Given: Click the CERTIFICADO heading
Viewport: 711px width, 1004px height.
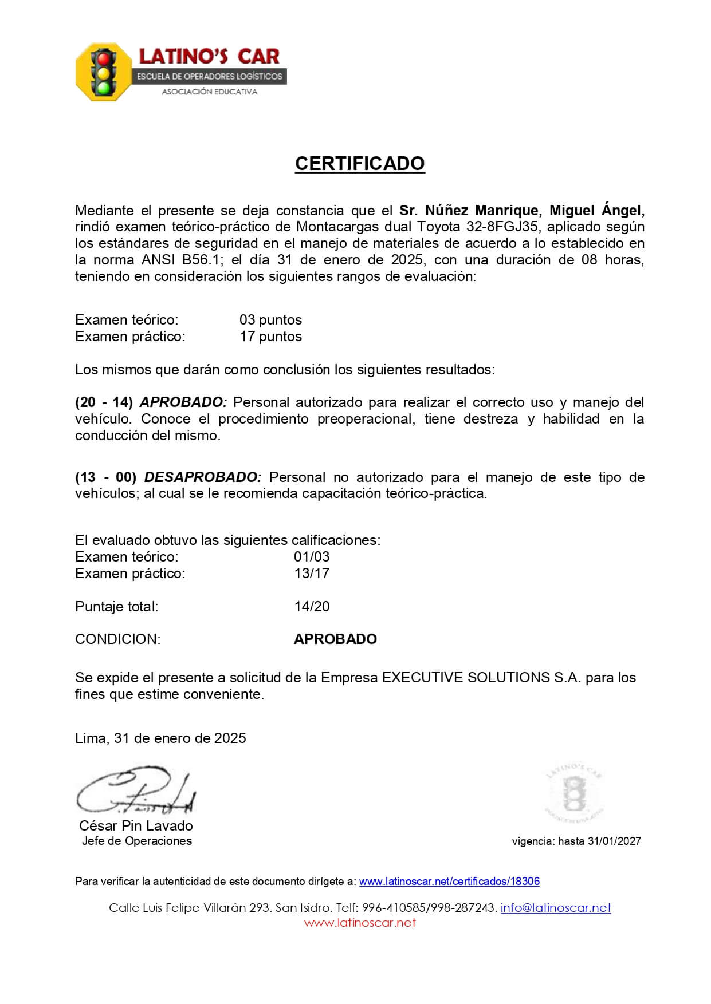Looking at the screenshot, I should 360,164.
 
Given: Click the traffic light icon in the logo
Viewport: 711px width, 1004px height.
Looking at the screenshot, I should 104,72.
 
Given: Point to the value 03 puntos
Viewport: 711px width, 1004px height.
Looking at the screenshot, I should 270,320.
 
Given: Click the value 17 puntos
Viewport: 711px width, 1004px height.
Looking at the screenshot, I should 270,337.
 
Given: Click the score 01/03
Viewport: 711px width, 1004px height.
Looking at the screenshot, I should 312,557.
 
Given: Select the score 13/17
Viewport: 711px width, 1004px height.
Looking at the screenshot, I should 312,574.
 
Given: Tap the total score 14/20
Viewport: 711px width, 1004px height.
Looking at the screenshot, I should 312,607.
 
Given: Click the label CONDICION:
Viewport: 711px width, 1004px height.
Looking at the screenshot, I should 117,639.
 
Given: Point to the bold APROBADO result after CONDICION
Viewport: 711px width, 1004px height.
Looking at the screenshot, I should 335,639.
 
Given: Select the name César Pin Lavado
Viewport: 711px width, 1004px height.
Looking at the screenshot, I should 136,826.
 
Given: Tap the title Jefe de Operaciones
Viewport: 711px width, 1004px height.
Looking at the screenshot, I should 136,841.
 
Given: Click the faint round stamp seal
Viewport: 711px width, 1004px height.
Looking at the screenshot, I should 573,793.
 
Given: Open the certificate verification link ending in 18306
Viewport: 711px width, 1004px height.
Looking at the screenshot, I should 449,882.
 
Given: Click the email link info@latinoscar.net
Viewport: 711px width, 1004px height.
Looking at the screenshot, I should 556,908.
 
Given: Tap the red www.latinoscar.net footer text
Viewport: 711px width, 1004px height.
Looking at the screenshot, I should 360,923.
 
